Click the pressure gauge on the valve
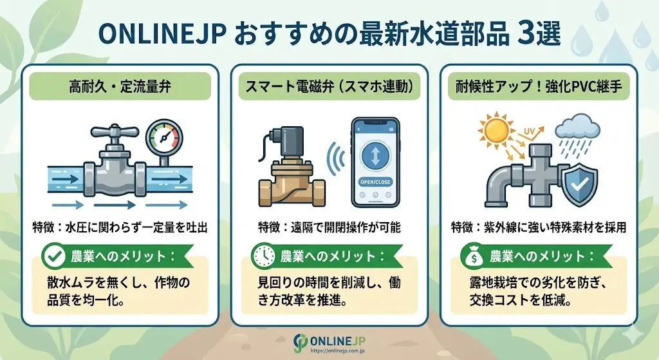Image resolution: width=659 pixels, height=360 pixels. tap(164, 135)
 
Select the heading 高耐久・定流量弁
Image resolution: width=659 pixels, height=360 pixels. tap(121, 85)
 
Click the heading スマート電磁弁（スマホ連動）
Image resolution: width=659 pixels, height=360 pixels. tap(329, 85)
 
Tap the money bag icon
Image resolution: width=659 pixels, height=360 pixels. tap(474, 256)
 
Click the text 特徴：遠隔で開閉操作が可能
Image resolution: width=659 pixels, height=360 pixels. tap(329, 227)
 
